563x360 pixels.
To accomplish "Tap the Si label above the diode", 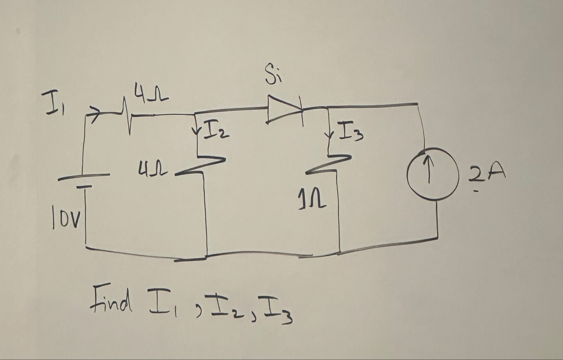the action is (273, 76).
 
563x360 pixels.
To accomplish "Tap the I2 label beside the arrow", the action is (216, 130).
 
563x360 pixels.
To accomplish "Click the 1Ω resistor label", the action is (316, 200).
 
